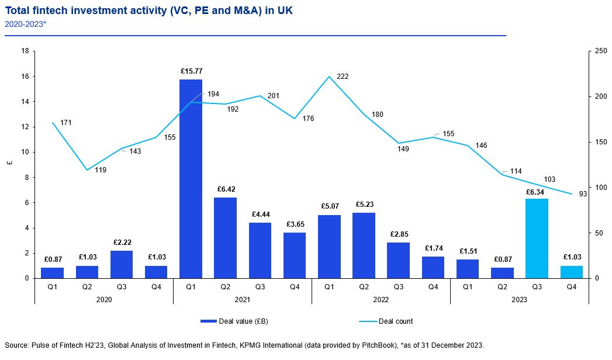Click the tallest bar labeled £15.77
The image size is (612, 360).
tap(191, 178)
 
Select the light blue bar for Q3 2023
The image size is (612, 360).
tap(537, 238)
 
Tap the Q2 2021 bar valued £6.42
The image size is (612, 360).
tap(225, 238)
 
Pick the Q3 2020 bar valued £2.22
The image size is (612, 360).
tap(122, 264)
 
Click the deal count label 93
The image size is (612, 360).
tap(583, 195)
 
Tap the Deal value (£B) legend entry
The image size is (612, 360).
tap(235, 321)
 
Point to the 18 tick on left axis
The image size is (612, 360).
tap(25, 51)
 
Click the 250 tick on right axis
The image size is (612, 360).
tap(600, 51)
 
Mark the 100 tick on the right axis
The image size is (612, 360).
tap(600, 188)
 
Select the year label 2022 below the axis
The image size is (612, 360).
tap(381, 299)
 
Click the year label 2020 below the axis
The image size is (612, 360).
tap(103, 299)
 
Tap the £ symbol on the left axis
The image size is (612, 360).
tap(9, 164)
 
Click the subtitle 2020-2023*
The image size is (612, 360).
tap(25, 25)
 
